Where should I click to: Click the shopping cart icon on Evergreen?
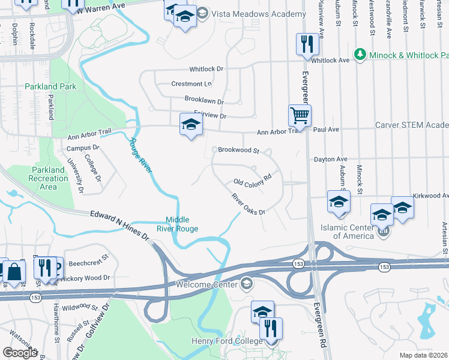pyautogui.click(x=300, y=114)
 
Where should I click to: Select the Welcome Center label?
pyautogui.click(x=207, y=283)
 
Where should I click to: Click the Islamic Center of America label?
pyautogui.click(x=355, y=231)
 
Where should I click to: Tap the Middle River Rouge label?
pyautogui.click(x=181, y=224)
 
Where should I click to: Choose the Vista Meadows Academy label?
pyautogui.click(x=243, y=13)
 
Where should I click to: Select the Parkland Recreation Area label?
pyautogui.click(x=49, y=178)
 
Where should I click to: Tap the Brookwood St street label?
pyautogui.click(x=238, y=150)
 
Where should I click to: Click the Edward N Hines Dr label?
pyautogui.click(x=119, y=224)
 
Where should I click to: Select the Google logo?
pyautogui.click(x=20, y=352)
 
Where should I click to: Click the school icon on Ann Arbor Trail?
pyautogui.click(x=191, y=125)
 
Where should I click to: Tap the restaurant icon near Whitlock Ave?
pyautogui.click(x=307, y=44)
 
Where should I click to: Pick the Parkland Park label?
pyautogui.click(x=50, y=86)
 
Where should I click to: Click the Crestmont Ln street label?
pyautogui.click(x=191, y=84)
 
